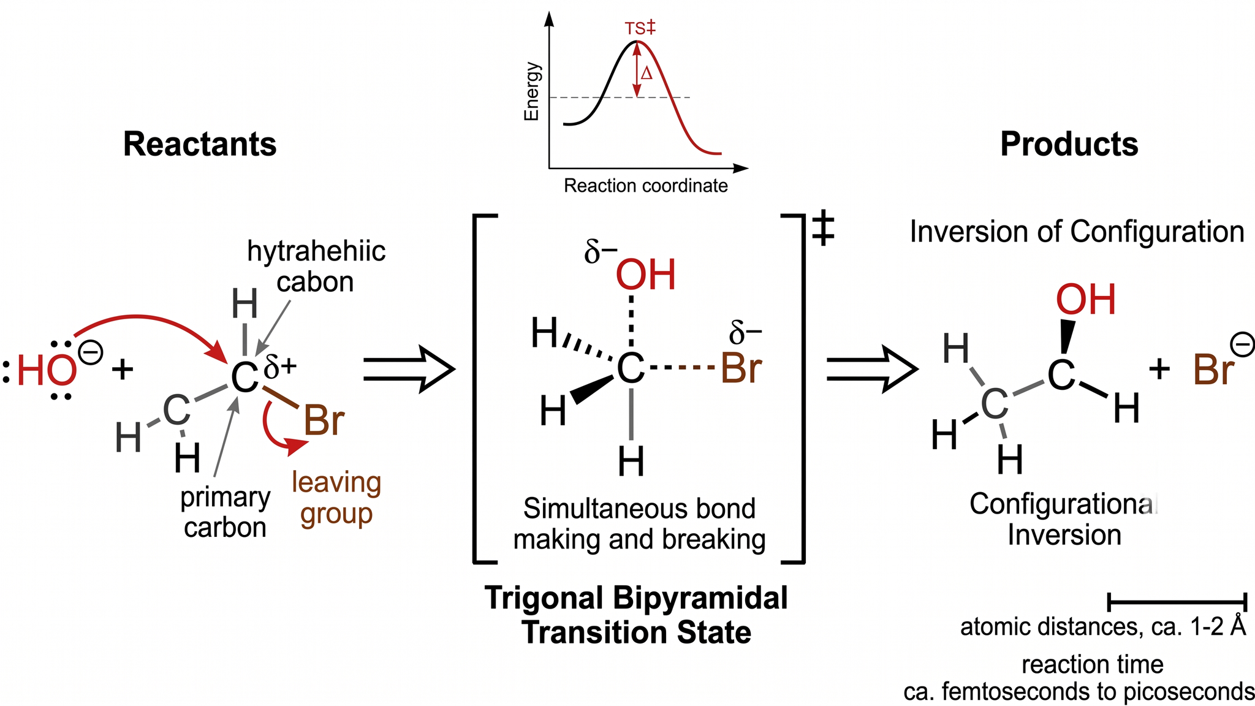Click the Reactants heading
200,145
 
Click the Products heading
1069,145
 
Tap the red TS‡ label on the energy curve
640,28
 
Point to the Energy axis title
531,91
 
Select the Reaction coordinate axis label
646,186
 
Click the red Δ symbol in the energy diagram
646,74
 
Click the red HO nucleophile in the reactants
47,371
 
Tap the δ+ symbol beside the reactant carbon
280,366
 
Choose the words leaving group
336,498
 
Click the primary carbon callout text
225,512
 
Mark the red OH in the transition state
646,275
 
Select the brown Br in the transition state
741,368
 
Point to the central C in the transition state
631,369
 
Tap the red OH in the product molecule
1086,300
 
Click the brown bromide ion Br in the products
1213,370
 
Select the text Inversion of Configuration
1077,232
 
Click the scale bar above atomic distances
1178,602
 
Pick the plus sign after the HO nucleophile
123,370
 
